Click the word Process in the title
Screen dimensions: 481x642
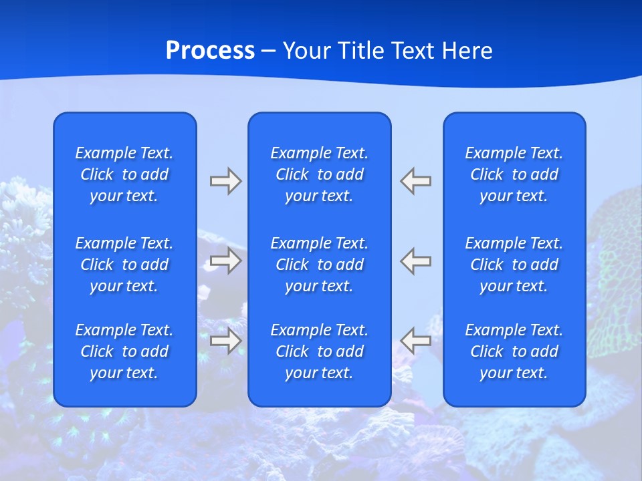210,51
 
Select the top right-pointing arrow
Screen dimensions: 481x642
225,181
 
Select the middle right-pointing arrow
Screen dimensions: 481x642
225,261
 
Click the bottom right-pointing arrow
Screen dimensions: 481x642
225,341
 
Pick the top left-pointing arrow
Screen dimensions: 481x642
416,181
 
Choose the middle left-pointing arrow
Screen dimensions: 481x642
416,261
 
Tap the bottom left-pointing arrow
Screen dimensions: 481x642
416,341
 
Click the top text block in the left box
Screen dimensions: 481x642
124,174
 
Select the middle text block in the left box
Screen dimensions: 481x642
124,265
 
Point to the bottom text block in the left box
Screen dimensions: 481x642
124,351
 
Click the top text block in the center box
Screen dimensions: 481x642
320,174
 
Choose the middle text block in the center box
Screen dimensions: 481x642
320,265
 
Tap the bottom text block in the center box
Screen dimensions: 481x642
320,351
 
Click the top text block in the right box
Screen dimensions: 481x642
514,174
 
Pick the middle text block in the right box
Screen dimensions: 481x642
514,265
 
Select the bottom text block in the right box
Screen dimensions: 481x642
514,351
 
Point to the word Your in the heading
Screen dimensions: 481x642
306,51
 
